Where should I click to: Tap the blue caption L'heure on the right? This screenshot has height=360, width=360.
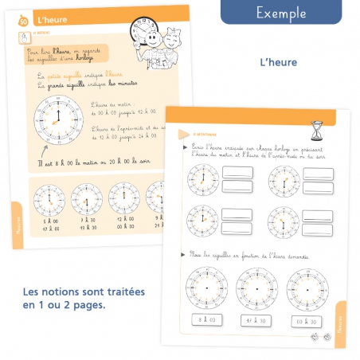278,61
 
